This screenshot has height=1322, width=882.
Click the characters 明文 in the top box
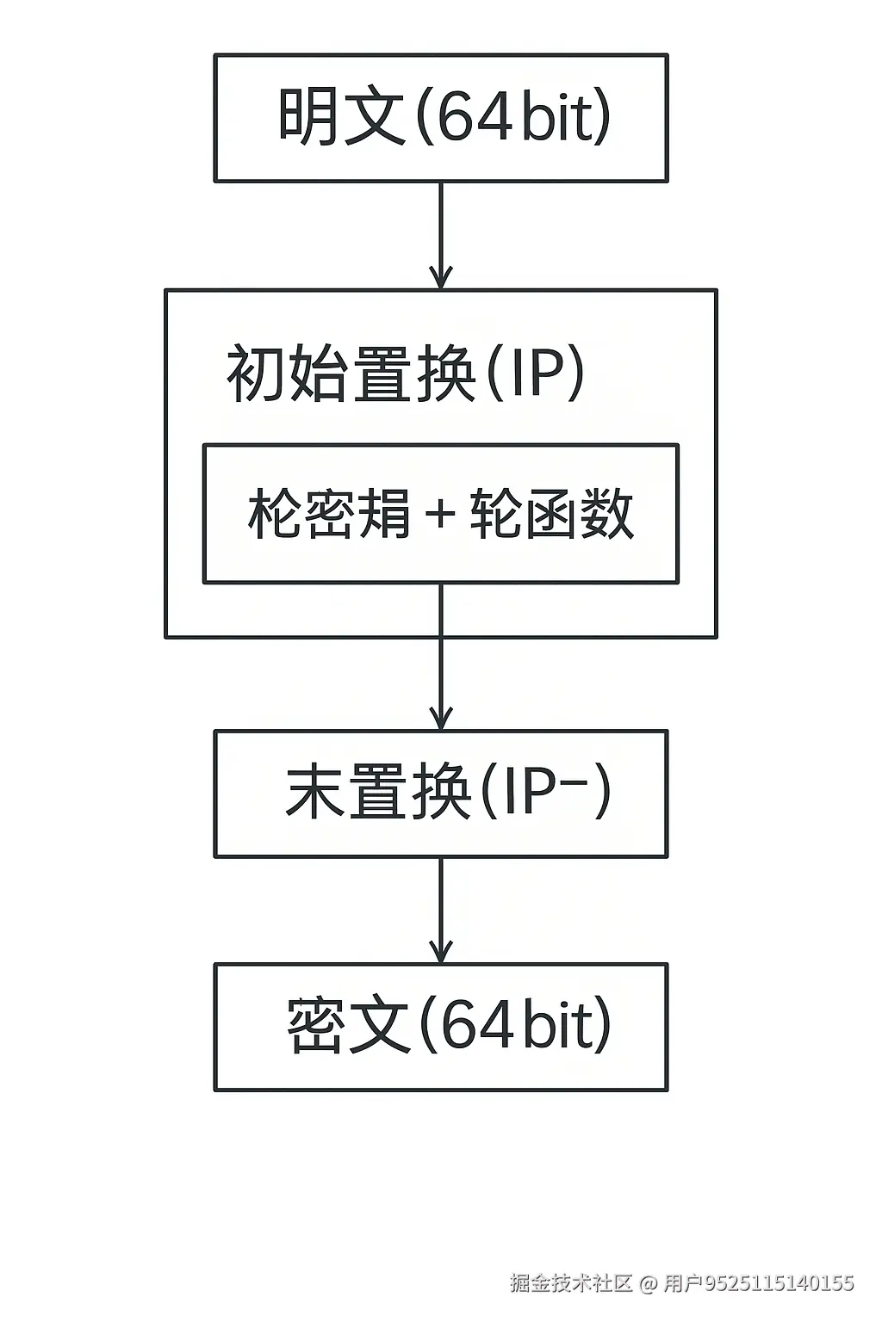pos(341,117)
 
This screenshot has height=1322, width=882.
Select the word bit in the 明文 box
pos(560,117)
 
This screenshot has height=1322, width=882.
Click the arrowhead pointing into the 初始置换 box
pos(441,278)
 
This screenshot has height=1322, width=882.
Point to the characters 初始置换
pos(351,374)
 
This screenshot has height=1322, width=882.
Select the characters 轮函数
pos(552,514)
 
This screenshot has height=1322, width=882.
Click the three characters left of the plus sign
pos(330,514)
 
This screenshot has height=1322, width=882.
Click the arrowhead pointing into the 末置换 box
pos(441,719)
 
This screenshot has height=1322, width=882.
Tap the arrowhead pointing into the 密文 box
pos(441,952)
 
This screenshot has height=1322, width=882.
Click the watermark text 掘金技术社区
pos(571,1283)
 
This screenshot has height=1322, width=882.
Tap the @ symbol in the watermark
pos(648,1284)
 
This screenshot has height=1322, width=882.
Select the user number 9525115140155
pos(780,1284)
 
